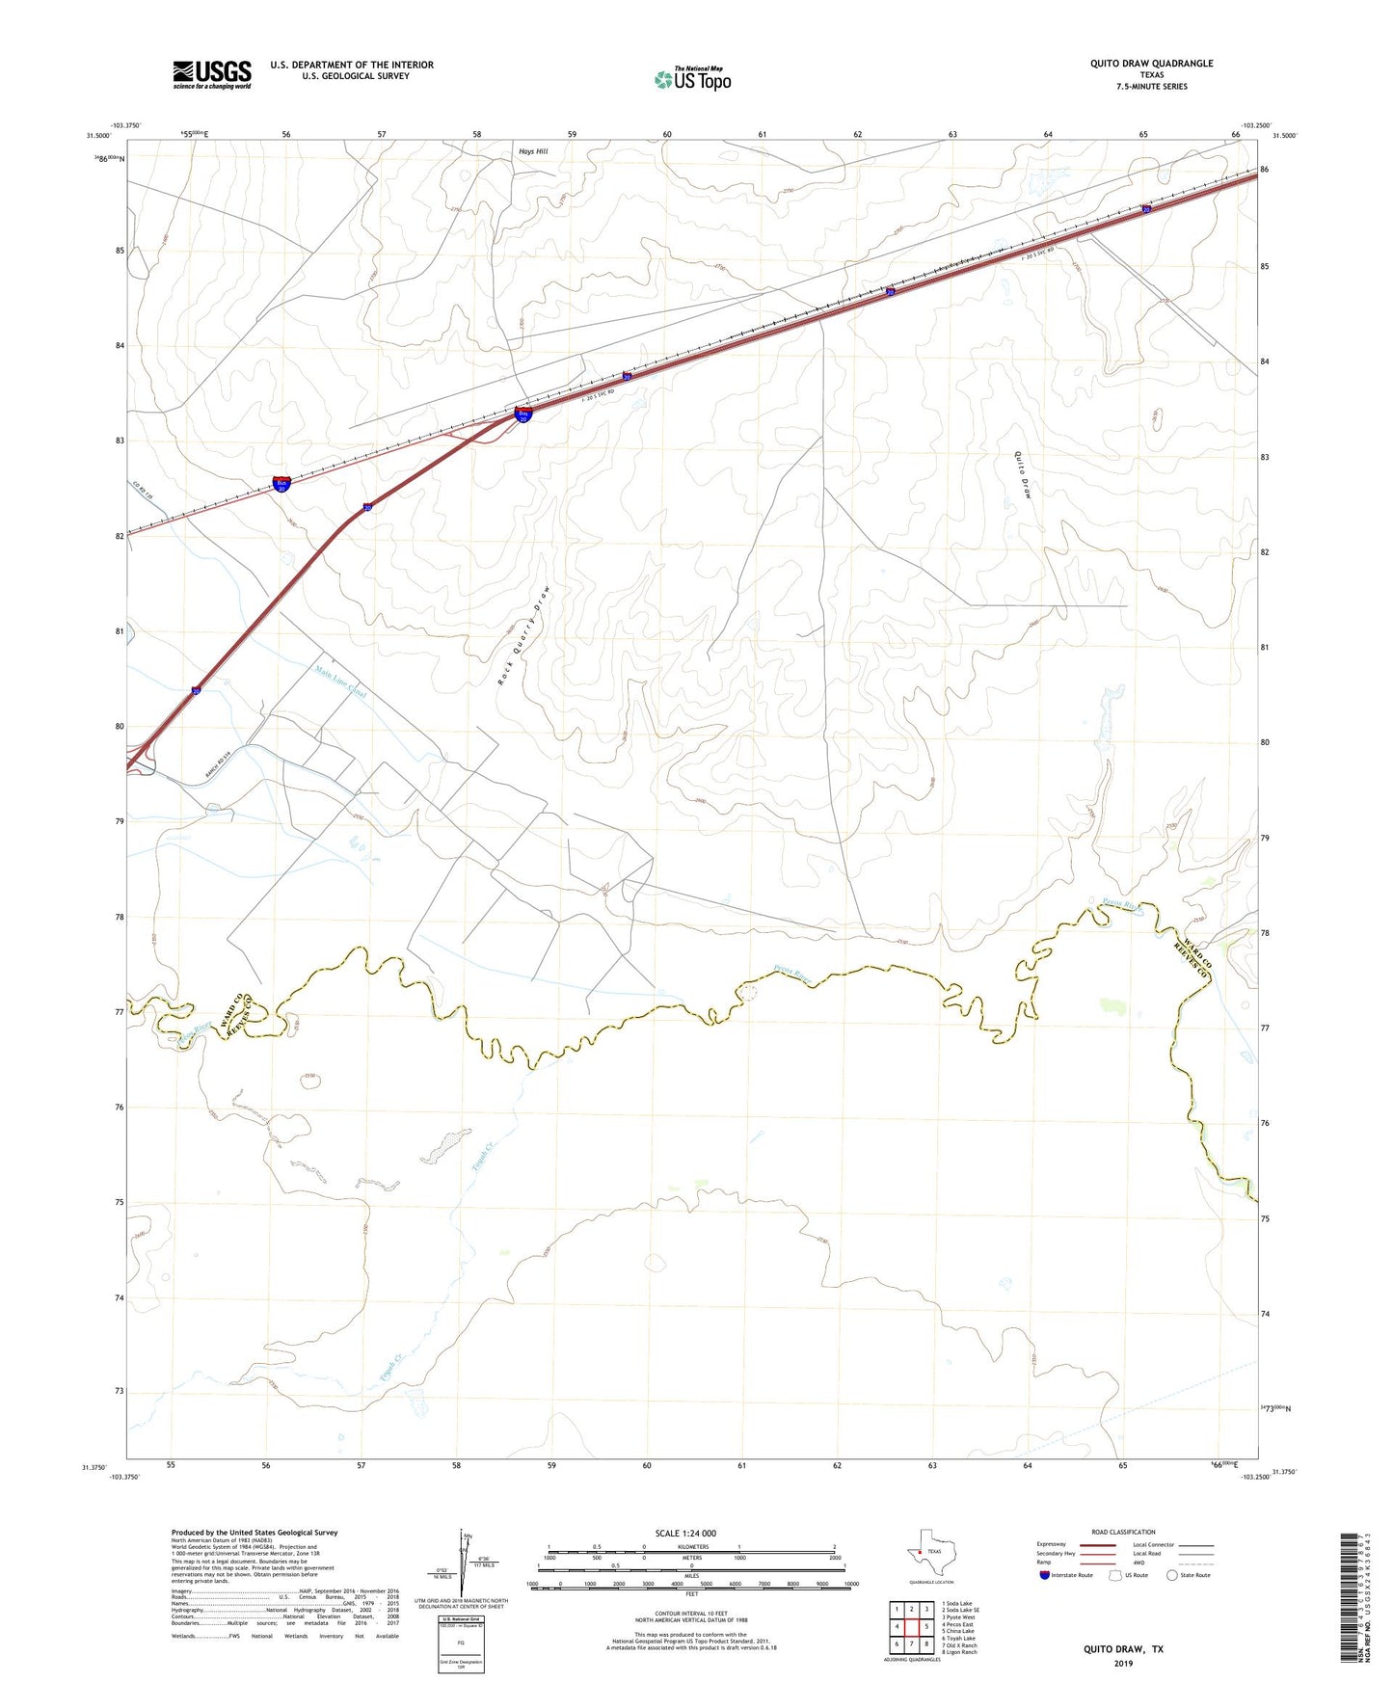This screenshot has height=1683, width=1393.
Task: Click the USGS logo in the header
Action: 212,74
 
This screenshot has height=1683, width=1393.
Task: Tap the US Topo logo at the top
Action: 692,79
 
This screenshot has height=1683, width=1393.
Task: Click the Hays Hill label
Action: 533,151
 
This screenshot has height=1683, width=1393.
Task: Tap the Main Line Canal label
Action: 341,681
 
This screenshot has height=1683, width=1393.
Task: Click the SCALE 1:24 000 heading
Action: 685,1534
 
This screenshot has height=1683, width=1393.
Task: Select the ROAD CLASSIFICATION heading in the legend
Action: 1123,1532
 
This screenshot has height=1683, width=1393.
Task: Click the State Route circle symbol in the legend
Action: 1172,1575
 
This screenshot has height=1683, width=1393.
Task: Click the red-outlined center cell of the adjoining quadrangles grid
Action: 911,1626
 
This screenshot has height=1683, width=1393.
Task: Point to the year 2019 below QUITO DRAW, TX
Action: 1123,1663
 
